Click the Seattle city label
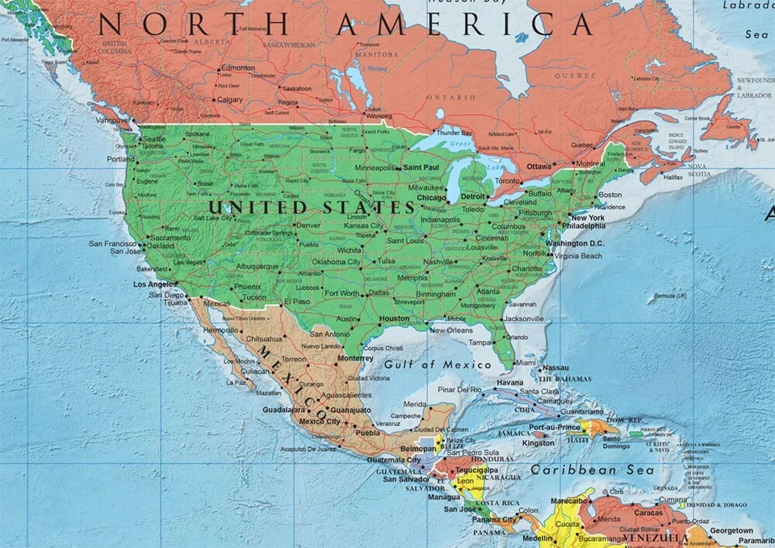(x=153, y=139)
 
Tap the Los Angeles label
(x=154, y=285)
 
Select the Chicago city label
(x=431, y=197)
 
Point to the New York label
(x=587, y=218)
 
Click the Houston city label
(x=395, y=318)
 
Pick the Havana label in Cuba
(x=510, y=382)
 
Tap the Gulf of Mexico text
(x=437, y=365)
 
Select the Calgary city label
(x=230, y=99)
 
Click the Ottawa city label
(x=538, y=167)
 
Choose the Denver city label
(x=308, y=226)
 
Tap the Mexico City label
(x=320, y=421)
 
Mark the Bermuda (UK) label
(x=671, y=296)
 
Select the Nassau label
(x=556, y=368)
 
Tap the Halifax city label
(x=672, y=177)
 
